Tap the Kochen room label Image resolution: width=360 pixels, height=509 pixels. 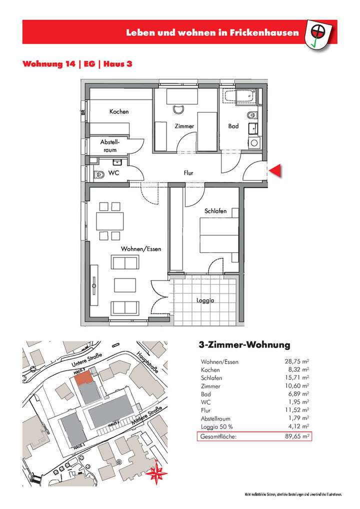pos(119,111)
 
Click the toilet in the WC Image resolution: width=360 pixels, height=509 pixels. pos(99,174)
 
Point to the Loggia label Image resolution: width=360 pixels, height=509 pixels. pos(205,301)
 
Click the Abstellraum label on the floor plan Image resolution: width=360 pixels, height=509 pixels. pos(110,146)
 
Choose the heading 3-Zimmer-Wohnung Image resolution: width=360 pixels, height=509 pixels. pos(241,345)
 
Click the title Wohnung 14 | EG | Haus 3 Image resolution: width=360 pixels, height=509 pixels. pos(77,64)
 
